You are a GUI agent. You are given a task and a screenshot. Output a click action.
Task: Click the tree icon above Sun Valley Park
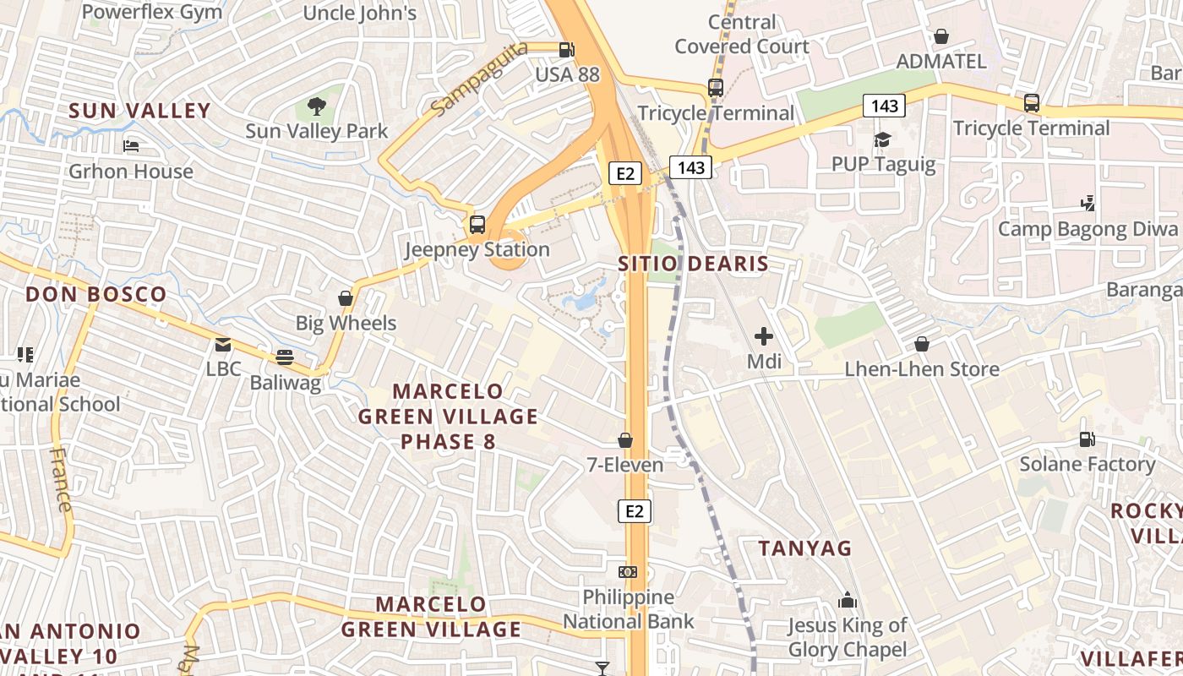pos(317,106)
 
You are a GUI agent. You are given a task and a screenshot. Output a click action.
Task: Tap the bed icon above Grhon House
pos(131,146)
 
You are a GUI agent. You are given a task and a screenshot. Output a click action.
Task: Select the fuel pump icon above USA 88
pos(567,50)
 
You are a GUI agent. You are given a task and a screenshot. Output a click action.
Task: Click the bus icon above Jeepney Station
pos(477,225)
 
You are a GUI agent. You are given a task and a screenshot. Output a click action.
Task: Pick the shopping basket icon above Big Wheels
pos(346,298)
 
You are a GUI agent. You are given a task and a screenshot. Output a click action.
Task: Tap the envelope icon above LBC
pos(223,345)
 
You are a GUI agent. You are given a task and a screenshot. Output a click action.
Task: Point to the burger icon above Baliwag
pos(285,357)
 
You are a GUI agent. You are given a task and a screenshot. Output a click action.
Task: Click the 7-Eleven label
pos(625,465)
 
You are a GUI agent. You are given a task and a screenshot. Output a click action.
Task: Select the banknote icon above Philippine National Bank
pos(628,572)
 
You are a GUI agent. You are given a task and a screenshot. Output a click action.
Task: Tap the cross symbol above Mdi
pos(764,336)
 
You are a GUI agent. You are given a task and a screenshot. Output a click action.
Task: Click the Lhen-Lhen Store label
pos(922,369)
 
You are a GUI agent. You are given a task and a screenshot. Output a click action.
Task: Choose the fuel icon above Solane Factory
pos(1087,439)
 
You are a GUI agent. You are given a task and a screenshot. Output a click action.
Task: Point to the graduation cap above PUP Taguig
pos(883,139)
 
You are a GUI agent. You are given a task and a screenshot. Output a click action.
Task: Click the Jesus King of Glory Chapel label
pos(847,638)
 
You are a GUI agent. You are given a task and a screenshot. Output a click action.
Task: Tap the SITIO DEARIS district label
pos(694,264)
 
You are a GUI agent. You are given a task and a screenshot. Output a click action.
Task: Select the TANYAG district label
pos(805,548)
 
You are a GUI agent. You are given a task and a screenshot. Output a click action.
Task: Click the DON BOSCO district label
pos(95,295)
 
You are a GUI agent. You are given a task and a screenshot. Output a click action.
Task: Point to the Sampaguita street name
pos(478,79)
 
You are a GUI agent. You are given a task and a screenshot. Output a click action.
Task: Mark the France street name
pos(61,479)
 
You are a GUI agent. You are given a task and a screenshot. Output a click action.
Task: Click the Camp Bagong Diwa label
pos(1088,229)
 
